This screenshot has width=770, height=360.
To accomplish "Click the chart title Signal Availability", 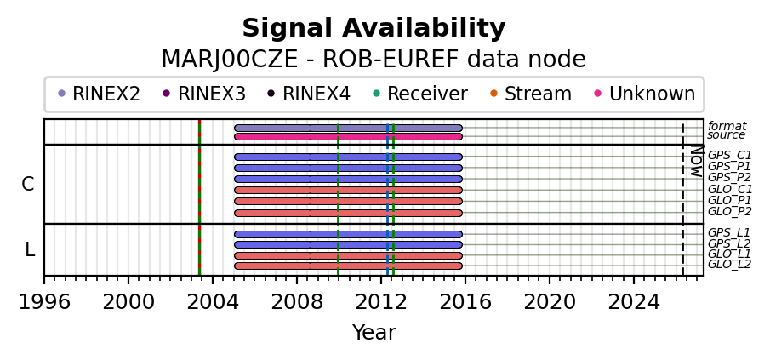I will pyautogui.click(x=374, y=29).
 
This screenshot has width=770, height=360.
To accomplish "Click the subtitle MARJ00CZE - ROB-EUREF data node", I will pyautogui.click(x=374, y=60).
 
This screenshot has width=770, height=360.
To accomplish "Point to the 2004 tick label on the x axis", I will pyautogui.click(x=213, y=301).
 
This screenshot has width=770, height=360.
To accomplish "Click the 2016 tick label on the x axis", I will pyautogui.click(x=465, y=301).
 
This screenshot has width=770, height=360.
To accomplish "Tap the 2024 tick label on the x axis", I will pyautogui.click(x=634, y=301).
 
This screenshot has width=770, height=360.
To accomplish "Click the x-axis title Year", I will pyautogui.click(x=374, y=333).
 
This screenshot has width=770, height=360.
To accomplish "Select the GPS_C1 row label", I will pyautogui.click(x=729, y=156).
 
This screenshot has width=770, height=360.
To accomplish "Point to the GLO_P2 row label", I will pyautogui.click(x=729, y=212).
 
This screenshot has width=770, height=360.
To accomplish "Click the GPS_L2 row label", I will pyautogui.click(x=728, y=244).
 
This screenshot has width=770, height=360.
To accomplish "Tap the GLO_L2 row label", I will pyautogui.click(x=729, y=265).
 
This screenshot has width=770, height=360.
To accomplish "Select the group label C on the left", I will pyautogui.click(x=28, y=185).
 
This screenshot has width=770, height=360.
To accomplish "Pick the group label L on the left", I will pyautogui.click(x=30, y=250).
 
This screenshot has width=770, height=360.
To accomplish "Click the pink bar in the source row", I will pyautogui.click(x=348, y=136).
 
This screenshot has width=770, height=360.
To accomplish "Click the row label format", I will pyautogui.click(x=727, y=127).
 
